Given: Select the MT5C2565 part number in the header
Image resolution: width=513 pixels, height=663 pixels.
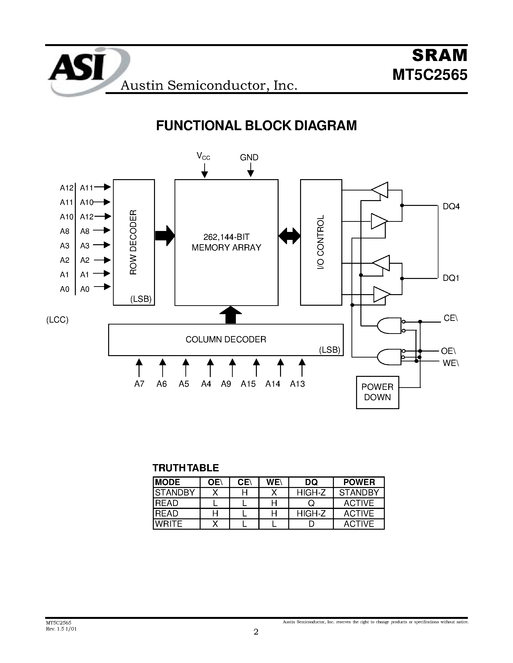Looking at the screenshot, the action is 429,75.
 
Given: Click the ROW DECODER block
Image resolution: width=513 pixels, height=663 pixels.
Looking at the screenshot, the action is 134,242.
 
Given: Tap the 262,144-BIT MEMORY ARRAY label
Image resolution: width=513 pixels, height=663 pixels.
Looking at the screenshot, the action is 226,242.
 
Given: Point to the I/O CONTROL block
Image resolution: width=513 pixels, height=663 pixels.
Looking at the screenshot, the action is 321,242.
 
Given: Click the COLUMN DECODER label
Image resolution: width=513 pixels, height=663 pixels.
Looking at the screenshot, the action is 226,339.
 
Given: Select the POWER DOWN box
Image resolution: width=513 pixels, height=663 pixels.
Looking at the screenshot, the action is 378,392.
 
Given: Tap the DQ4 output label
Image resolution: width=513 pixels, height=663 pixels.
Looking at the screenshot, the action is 451,207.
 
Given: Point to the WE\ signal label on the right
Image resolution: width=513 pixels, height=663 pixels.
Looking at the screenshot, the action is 451,363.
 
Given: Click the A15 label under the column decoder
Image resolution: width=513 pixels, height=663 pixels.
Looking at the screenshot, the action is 248,384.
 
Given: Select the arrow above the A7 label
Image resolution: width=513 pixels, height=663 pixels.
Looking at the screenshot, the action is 139,367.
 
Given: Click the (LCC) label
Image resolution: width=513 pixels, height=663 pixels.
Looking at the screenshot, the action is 57,320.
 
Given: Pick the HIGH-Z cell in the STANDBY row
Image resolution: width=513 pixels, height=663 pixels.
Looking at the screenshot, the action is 311,492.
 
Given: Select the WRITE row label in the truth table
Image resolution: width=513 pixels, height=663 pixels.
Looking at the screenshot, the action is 169,524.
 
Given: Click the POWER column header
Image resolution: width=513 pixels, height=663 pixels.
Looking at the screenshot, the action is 359,482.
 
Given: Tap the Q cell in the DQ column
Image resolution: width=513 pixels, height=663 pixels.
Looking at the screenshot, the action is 311,503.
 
